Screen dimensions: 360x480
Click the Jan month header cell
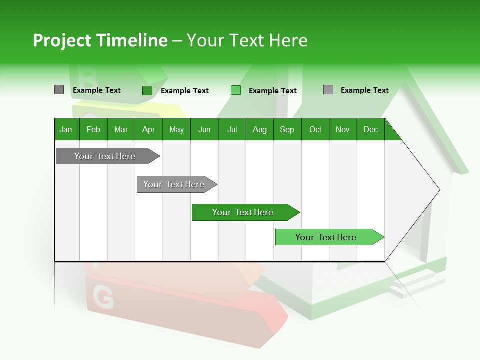[x=66, y=129]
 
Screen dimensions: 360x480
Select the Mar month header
[x=121, y=129]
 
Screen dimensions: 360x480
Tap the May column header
[x=176, y=129]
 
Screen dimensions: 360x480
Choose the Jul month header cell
[x=232, y=129]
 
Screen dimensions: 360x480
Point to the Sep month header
[x=287, y=129]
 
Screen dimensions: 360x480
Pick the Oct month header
[x=315, y=129]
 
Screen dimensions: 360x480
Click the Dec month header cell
[x=370, y=129]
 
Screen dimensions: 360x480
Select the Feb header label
[x=93, y=129]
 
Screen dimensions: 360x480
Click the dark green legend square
[x=147, y=90]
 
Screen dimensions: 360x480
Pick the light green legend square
[x=236, y=90]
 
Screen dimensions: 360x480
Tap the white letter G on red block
[x=103, y=298]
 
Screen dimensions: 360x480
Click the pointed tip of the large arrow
[x=438, y=190]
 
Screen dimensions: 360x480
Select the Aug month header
[x=260, y=129]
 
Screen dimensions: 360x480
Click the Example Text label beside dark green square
[x=185, y=91]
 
